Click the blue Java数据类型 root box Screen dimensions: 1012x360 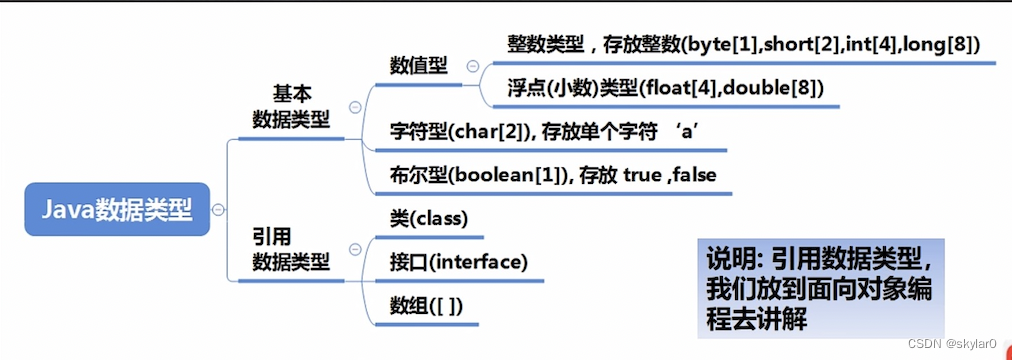(117, 208)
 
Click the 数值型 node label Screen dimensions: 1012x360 (418, 65)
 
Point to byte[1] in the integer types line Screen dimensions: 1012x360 (714, 45)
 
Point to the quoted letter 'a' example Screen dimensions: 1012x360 (696, 131)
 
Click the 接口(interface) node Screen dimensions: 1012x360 (457, 262)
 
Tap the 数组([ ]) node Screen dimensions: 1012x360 (425, 305)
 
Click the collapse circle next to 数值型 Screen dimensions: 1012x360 (471, 66)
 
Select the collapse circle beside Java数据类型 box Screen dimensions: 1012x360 (218, 209)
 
